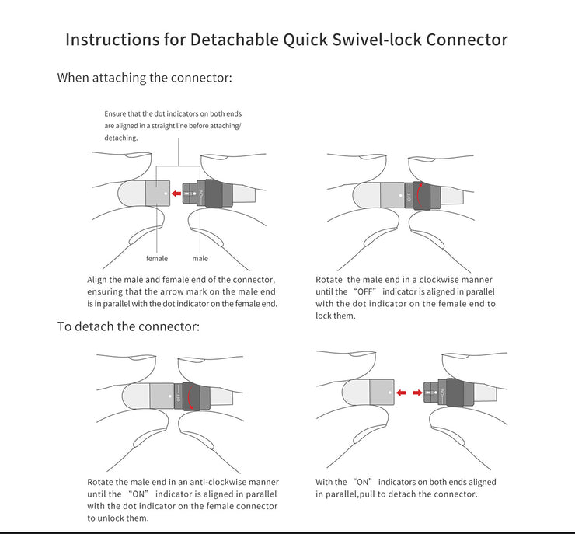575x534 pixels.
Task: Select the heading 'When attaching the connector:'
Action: (x=145, y=78)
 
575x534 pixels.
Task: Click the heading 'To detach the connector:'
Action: (x=128, y=326)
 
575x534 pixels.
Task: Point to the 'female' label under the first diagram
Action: (x=157, y=258)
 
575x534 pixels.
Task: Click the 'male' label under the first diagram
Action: (x=200, y=258)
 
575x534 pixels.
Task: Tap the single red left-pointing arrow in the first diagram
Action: (x=176, y=194)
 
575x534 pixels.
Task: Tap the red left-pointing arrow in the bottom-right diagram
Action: (x=402, y=393)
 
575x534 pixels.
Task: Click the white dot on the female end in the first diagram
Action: (x=166, y=187)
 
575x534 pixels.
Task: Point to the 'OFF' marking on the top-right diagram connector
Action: (x=409, y=196)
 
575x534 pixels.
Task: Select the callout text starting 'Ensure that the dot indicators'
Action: (x=173, y=125)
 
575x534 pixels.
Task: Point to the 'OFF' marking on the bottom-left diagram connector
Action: (x=179, y=396)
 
